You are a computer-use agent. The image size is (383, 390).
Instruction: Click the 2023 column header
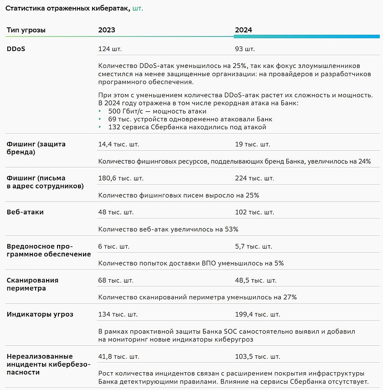coord(107,30)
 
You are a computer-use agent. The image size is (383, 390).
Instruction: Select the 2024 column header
coord(243,30)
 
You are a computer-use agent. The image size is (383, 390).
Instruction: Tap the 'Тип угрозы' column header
coord(26,30)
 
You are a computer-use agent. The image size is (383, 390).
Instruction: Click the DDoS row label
coord(16,49)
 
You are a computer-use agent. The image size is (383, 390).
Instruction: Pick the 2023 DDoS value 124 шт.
coord(110,49)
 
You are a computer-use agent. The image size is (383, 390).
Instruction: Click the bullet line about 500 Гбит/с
coord(157,111)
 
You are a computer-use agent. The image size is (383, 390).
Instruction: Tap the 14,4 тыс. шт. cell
coord(119,144)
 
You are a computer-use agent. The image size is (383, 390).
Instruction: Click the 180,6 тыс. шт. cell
coord(121,178)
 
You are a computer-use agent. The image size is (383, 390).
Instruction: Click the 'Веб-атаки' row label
coord(25,212)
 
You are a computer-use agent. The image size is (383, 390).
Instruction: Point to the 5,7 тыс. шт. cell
coord(254,246)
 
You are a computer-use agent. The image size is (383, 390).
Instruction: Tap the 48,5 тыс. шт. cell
coord(255,280)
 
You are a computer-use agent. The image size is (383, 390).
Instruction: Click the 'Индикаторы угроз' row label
coord(40,314)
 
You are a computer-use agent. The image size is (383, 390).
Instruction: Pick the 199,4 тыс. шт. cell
coord(258,314)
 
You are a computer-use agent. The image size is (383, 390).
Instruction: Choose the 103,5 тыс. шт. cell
coord(258,356)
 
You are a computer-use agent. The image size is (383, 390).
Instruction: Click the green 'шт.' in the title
coord(137,8)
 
